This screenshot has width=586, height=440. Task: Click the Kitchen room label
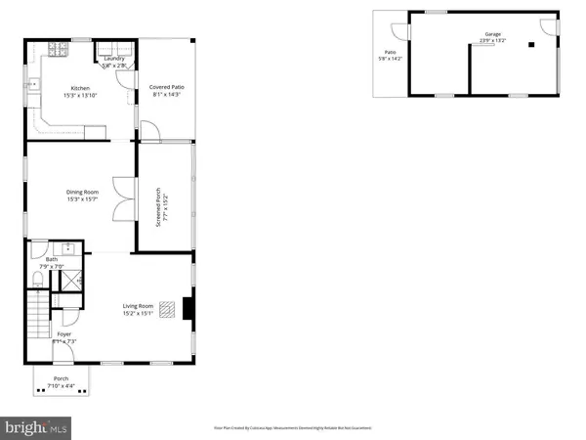pos(80,88)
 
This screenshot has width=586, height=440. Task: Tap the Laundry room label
pos(114,59)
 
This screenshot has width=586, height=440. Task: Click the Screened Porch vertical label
pos(165,206)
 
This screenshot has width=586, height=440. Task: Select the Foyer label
pos(63,334)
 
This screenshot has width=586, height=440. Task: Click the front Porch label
pos(61,377)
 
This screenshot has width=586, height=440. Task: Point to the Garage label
pos(491,34)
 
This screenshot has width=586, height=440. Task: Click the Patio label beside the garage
pos(390,52)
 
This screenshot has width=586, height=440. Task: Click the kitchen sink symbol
pos(31,84)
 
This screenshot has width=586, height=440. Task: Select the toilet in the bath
pos(37,280)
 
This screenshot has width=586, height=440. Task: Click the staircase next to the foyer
pos(37,318)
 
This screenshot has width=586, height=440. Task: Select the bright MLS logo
pos(38,426)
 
